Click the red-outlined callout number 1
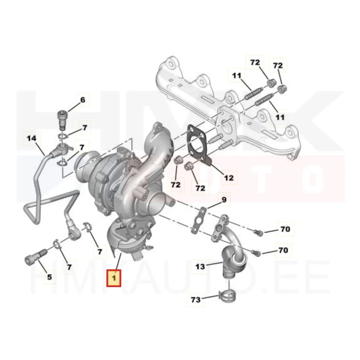(x=114, y=279)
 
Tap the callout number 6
(x=83, y=100)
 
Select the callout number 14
(x=31, y=138)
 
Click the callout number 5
(x=49, y=277)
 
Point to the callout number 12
(x=229, y=178)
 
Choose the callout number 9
(x=224, y=199)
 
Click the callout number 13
(x=200, y=266)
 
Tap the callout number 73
(x=196, y=300)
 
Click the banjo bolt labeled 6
(x=62, y=119)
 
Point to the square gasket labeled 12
(x=199, y=144)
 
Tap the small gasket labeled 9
(x=199, y=221)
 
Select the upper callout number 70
(x=285, y=229)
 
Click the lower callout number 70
(x=283, y=250)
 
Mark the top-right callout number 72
(x=278, y=65)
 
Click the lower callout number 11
(x=279, y=117)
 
